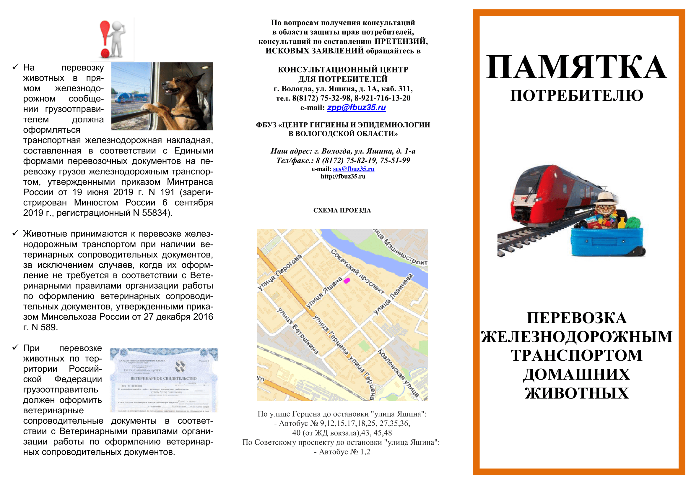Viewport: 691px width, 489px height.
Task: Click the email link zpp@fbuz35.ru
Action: point(356,108)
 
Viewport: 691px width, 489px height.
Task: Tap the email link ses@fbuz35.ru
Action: point(354,169)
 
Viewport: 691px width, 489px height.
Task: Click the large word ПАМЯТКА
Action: point(576,67)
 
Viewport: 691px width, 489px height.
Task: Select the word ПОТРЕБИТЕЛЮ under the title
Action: point(576,96)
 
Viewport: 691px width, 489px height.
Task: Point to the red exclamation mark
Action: point(105,38)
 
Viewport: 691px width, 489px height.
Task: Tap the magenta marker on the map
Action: point(347,281)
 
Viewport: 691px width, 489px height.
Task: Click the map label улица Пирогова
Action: point(280,273)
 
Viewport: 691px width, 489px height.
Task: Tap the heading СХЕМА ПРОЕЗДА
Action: point(342,211)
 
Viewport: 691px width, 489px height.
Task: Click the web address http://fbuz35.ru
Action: point(343,177)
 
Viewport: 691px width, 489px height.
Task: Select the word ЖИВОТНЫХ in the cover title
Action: point(577,393)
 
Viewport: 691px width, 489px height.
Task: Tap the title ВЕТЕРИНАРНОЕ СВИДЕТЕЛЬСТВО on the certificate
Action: point(163,378)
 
